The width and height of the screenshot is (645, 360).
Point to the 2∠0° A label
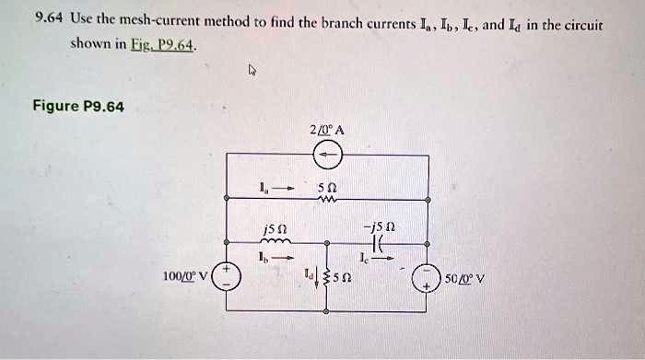tap(328, 130)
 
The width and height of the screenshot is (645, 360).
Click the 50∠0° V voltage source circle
tap(428, 276)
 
